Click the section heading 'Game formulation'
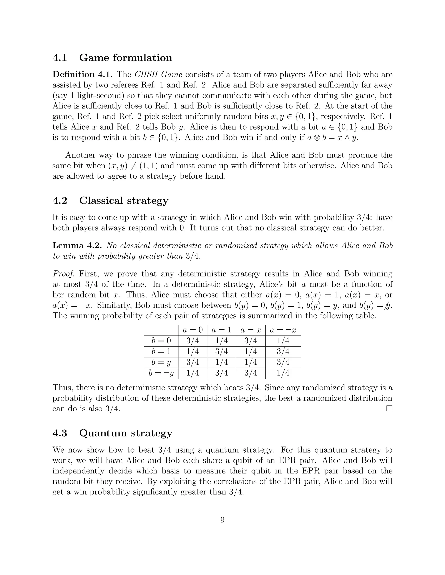coord(126,58)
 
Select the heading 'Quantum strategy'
coord(126,433)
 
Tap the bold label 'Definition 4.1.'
coord(83,74)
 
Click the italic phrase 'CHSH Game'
coord(158,74)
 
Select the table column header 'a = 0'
coord(193,330)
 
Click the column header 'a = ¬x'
coord(283,330)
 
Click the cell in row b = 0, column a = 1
coord(221,341)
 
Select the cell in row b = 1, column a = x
coord(251,352)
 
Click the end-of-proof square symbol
coord(389,409)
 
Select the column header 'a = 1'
coord(221,330)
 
